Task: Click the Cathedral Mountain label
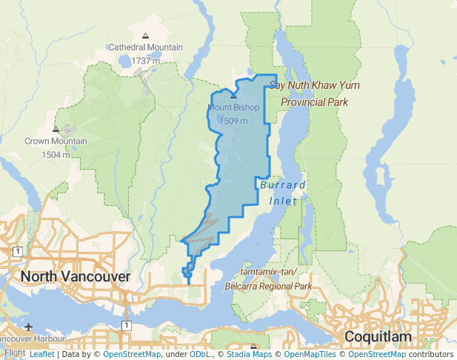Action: [x=145, y=47]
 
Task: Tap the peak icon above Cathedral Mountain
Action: [x=145, y=36]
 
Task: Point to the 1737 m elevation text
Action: [x=145, y=60]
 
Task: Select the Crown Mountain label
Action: [x=56, y=141]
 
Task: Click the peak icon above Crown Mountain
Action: [x=56, y=130]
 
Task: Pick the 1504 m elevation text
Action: [x=56, y=154]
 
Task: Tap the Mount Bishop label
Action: [x=233, y=107]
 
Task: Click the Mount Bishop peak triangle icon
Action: [x=233, y=96]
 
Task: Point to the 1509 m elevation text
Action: [x=233, y=120]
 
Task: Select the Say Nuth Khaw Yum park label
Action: [x=314, y=93]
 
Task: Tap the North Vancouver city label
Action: [x=76, y=276]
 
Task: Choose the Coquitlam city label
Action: [x=377, y=337]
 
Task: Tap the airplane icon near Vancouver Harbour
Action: [x=28, y=327]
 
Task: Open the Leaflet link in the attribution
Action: [x=41, y=354]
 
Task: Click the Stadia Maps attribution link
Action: [x=249, y=354]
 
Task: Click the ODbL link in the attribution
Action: [x=201, y=354]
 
